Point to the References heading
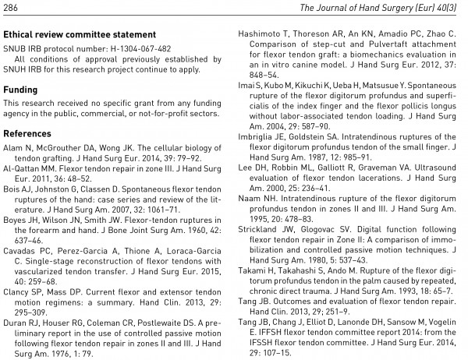click(x=28, y=133)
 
